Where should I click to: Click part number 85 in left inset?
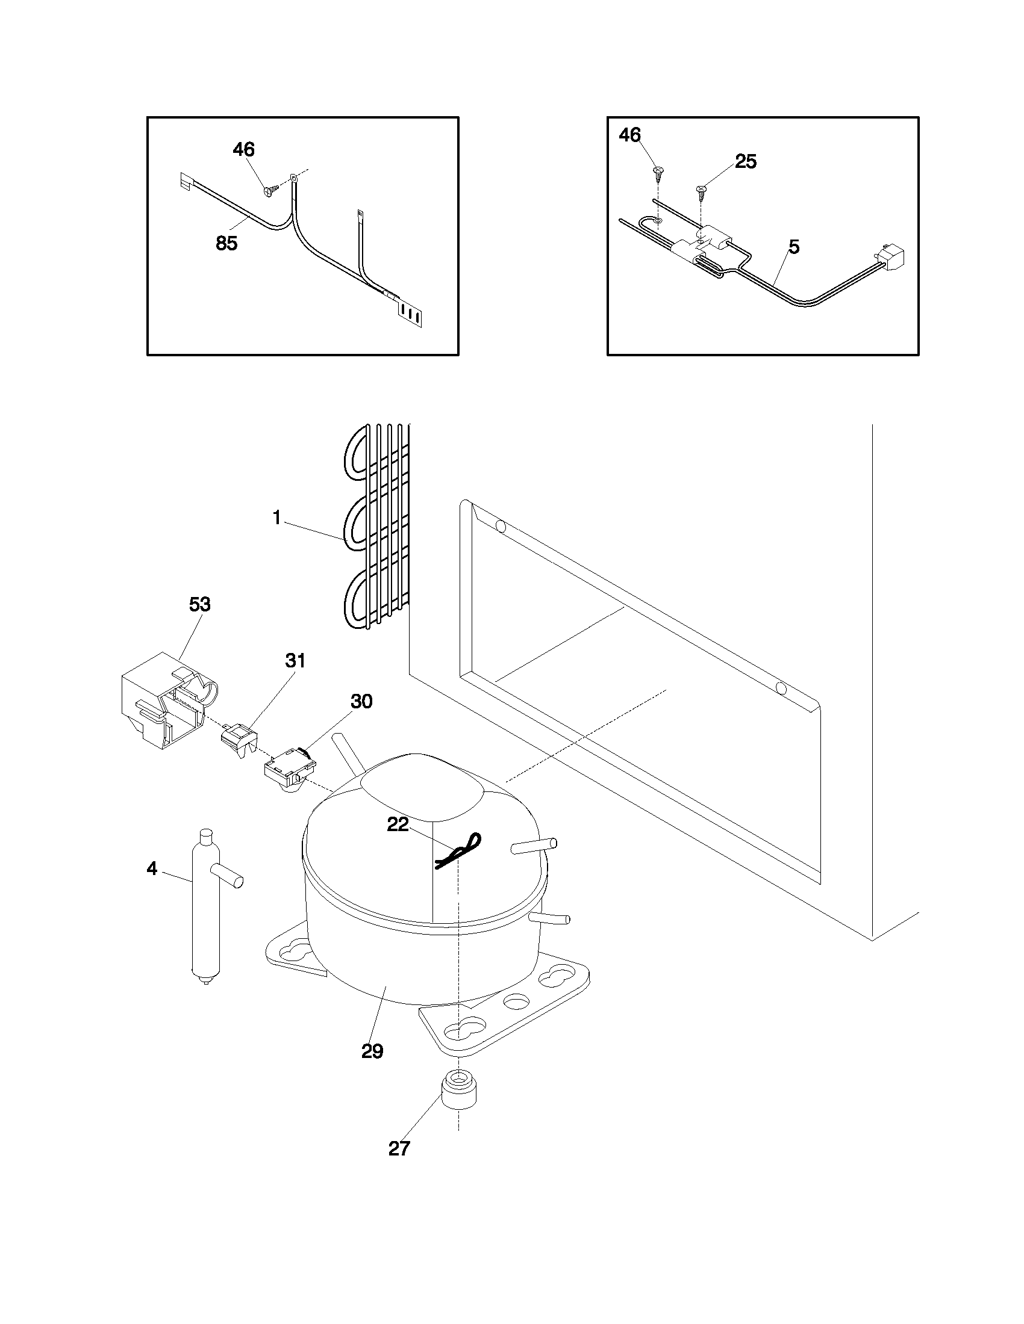[226, 243]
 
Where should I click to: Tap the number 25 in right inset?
[746, 161]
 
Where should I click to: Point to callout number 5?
[793, 247]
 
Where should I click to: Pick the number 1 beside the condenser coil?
[276, 518]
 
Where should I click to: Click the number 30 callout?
[361, 701]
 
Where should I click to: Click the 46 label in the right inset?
[629, 135]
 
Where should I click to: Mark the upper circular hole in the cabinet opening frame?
[501, 525]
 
